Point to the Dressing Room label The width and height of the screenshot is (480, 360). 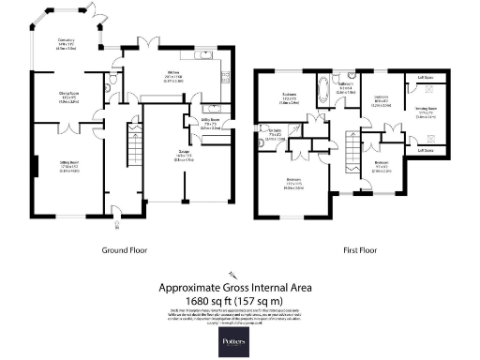(427, 113)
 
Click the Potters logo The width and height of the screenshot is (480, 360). (239, 336)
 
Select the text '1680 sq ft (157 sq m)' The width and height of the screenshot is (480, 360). (240, 299)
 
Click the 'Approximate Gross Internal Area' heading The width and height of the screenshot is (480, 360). (240, 288)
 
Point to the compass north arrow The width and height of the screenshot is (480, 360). (230, 274)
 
